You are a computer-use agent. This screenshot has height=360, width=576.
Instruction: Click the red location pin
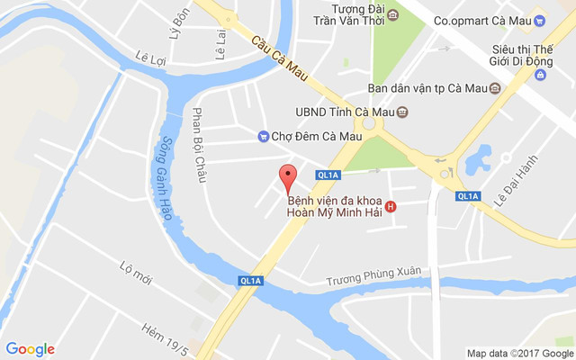(x=288, y=177)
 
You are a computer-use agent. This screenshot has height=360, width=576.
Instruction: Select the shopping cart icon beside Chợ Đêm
(x=262, y=136)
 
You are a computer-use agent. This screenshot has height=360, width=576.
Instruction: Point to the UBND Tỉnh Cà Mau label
(x=345, y=112)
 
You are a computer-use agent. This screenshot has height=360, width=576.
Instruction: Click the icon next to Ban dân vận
(x=494, y=88)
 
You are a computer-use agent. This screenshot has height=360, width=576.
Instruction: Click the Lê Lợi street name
(x=152, y=57)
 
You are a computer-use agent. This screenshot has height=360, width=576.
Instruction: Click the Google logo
(x=30, y=349)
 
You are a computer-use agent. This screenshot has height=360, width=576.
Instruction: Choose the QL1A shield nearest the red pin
(x=327, y=175)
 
